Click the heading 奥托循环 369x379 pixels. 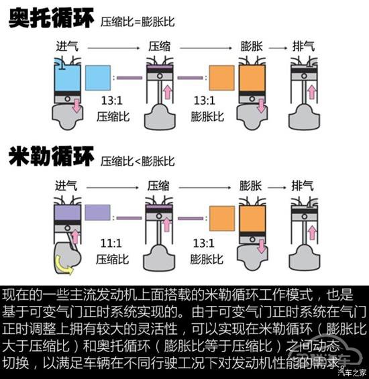[51, 17]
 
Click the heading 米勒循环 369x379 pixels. [51, 156]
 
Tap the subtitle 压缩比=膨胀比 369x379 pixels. [138, 21]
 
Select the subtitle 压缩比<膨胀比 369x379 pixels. [138, 161]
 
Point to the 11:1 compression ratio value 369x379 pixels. [111, 243]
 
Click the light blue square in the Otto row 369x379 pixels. [98, 78]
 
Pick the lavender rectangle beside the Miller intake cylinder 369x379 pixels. [98, 213]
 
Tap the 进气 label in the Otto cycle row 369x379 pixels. [67, 46]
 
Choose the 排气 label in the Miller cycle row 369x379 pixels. [303, 186]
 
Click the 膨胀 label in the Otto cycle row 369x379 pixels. [251, 46]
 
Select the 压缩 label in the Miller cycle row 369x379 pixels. [158, 186]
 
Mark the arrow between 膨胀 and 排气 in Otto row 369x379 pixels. [278, 48]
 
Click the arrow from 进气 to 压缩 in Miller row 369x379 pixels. [113, 188]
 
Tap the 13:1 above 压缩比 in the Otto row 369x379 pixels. [112, 101]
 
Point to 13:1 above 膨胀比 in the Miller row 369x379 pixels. [203, 243]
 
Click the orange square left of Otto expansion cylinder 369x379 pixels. [221, 78]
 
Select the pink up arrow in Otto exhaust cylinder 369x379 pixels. [312, 92]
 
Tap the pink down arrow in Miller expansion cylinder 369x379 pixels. [262, 247]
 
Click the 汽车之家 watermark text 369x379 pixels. [352, 372]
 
